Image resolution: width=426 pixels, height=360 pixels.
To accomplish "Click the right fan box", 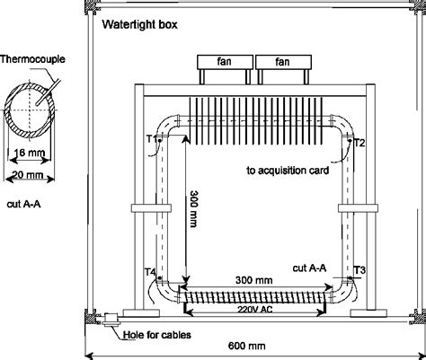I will [x=282, y=63].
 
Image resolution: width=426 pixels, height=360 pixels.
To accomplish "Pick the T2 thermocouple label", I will [x=359, y=142].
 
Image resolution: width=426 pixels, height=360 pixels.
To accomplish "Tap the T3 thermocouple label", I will [x=359, y=269].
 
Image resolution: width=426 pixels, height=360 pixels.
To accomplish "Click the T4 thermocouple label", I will [x=151, y=271].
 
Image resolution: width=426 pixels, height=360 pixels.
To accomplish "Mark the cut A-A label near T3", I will [x=311, y=267].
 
